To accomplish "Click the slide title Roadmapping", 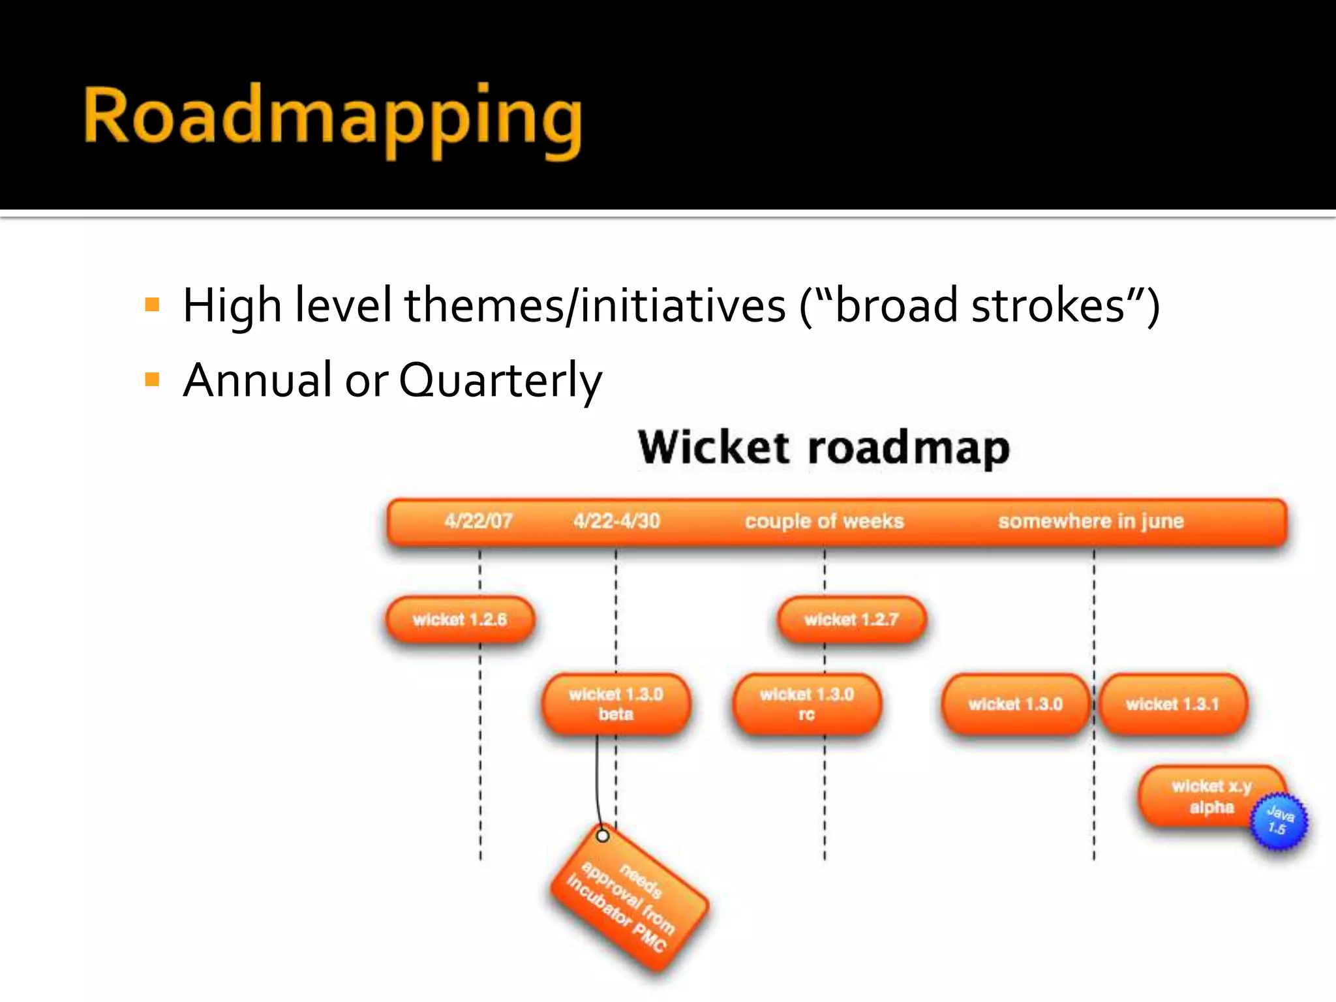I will [333, 117].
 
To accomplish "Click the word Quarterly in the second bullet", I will [500, 380].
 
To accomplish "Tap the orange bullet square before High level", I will [153, 305].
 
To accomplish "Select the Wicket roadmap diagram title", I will [823, 448].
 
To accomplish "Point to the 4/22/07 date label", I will [478, 521].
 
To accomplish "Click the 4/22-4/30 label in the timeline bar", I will [616, 521].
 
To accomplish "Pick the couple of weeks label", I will [824, 521].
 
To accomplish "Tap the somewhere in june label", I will [1090, 521].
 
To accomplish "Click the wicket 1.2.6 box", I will [460, 619].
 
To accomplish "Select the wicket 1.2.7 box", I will [851, 619].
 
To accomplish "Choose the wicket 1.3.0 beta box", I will [616, 704].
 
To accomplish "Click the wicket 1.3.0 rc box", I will [806, 704].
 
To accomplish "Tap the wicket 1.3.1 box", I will [1172, 704].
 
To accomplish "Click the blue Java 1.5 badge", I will [1279, 821].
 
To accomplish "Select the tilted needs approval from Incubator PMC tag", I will [629, 903].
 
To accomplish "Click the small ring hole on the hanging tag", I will [603, 836].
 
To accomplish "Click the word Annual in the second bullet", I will [258, 380].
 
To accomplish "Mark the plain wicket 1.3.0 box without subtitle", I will [1015, 704].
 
